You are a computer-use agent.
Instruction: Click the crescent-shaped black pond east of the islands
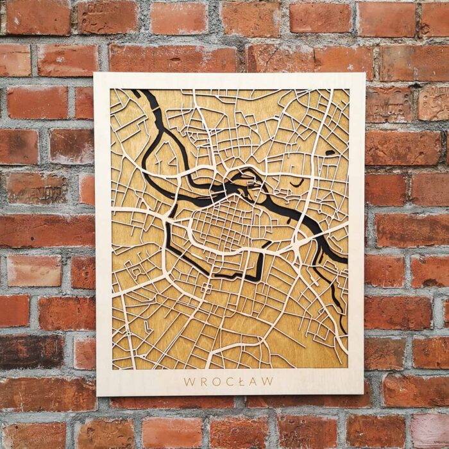296,183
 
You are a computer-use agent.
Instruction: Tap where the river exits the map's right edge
344,260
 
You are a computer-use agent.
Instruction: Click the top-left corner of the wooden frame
96,75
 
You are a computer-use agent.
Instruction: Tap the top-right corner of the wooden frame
364,74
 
